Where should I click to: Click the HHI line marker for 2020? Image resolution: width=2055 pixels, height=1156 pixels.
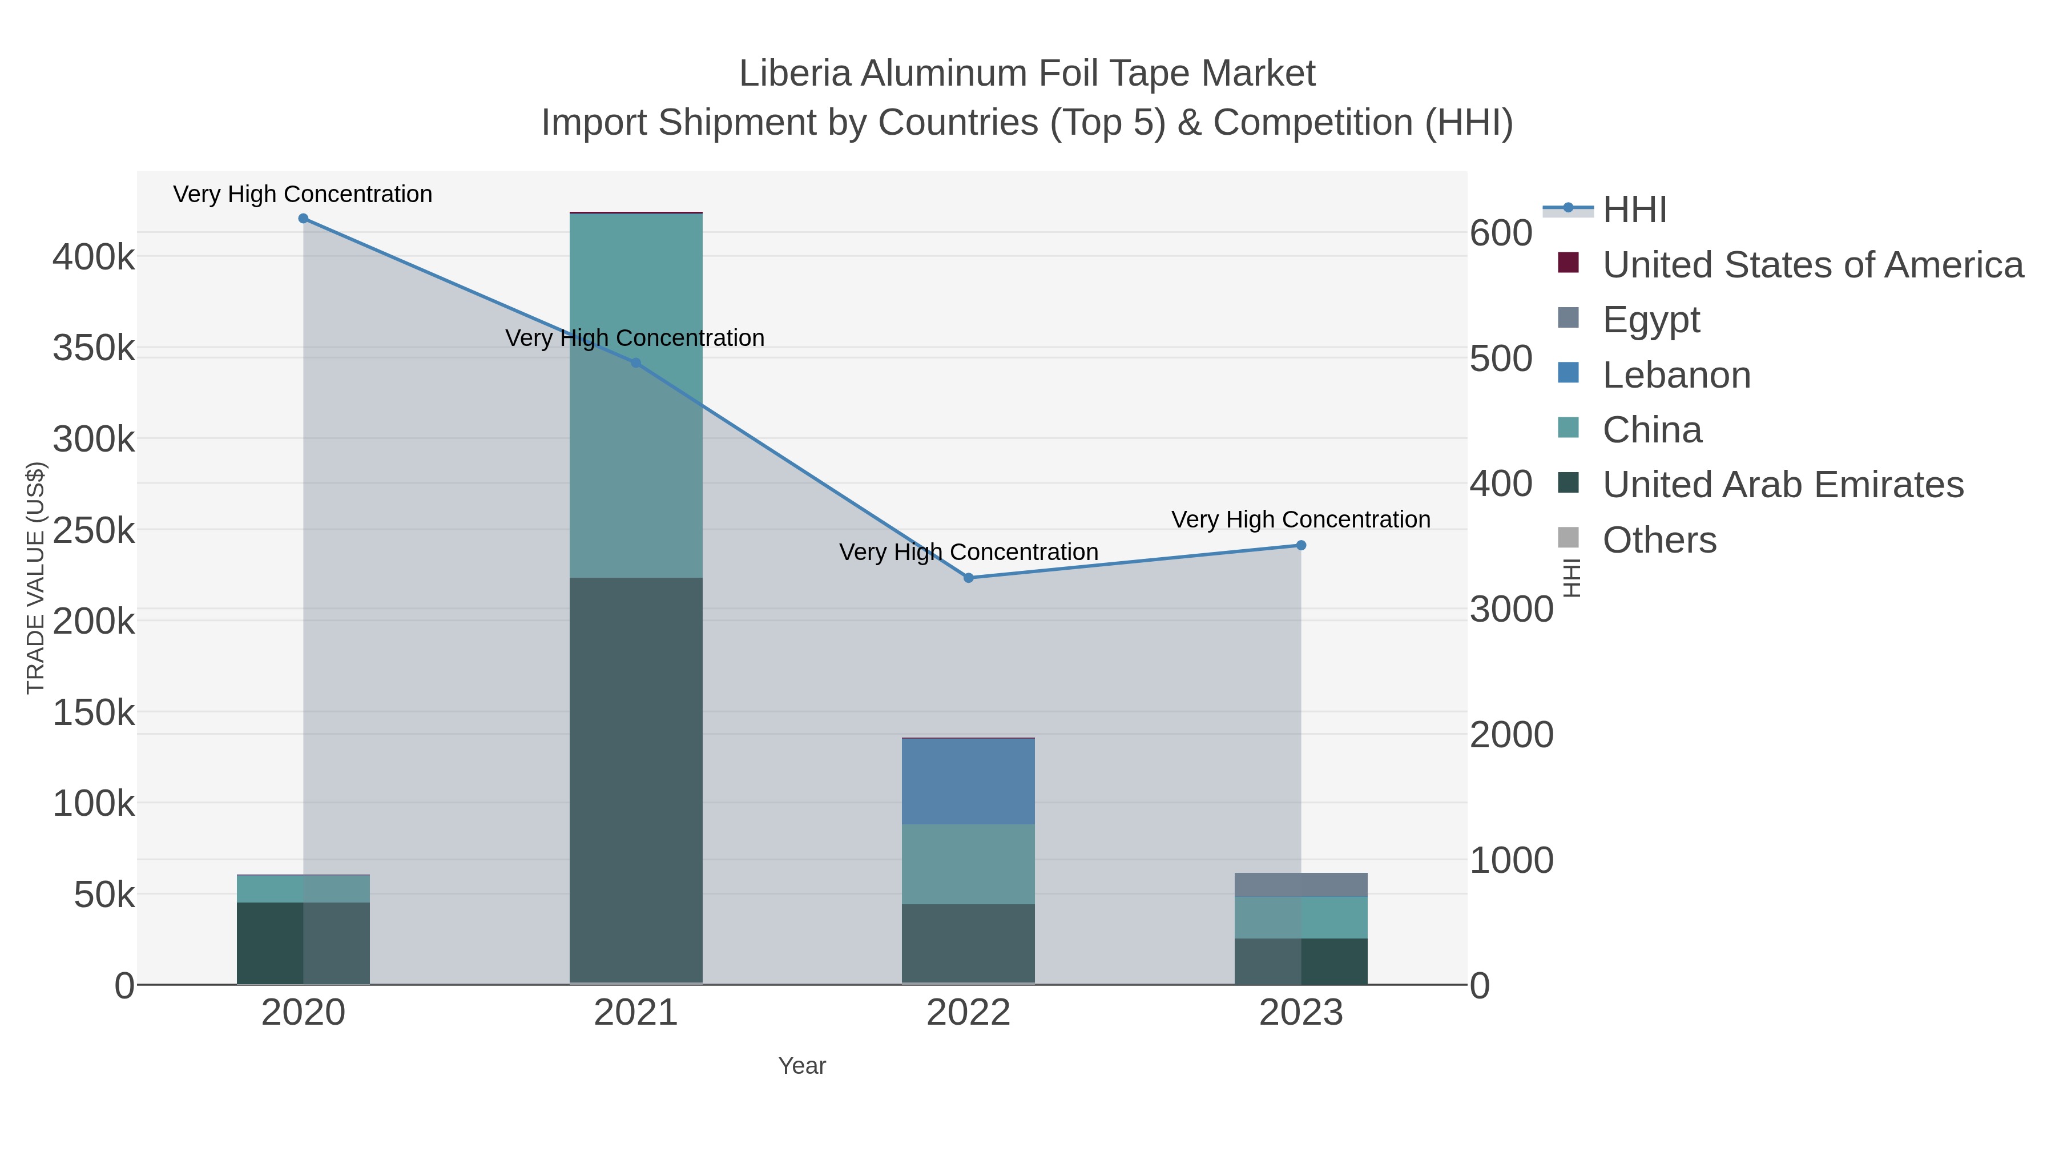click(x=303, y=219)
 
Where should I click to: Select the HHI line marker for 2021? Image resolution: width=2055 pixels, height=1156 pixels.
click(x=636, y=363)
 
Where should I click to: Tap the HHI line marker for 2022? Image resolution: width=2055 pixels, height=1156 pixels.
click(x=969, y=578)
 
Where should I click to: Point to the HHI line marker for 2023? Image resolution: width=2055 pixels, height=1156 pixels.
click(x=1301, y=546)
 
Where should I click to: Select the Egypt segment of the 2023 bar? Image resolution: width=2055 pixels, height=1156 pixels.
click(x=1301, y=885)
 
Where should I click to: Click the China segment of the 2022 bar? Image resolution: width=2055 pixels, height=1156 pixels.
click(x=969, y=864)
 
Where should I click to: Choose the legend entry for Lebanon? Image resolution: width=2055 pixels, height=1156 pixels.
click(x=1676, y=375)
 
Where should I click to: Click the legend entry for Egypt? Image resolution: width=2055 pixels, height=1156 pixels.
click(x=1650, y=320)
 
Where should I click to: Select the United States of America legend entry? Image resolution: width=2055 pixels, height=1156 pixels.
click(x=1812, y=265)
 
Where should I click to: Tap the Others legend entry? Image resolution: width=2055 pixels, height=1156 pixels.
click(x=1658, y=540)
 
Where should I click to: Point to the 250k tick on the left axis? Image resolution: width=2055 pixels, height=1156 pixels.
click(x=94, y=530)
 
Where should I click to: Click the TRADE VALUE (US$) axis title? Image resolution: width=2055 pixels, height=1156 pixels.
click(x=36, y=578)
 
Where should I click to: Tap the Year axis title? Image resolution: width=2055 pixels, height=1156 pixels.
click(x=802, y=1066)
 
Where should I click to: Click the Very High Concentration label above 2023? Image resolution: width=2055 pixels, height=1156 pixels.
click(x=1300, y=519)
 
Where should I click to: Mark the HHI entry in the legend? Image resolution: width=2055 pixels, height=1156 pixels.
click(x=1635, y=210)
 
